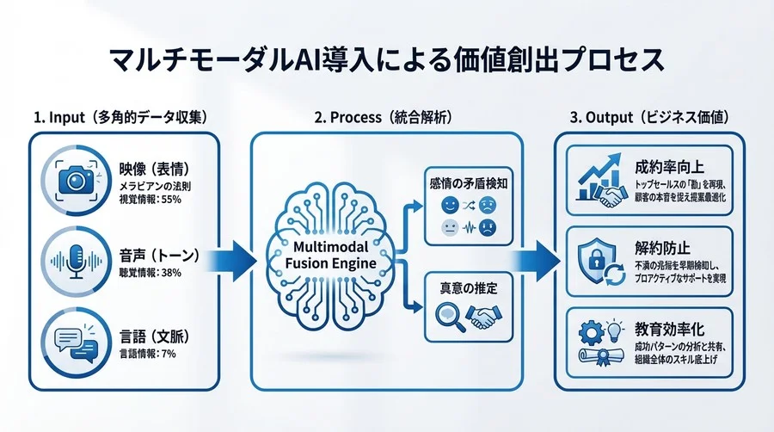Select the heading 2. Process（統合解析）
387,116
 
